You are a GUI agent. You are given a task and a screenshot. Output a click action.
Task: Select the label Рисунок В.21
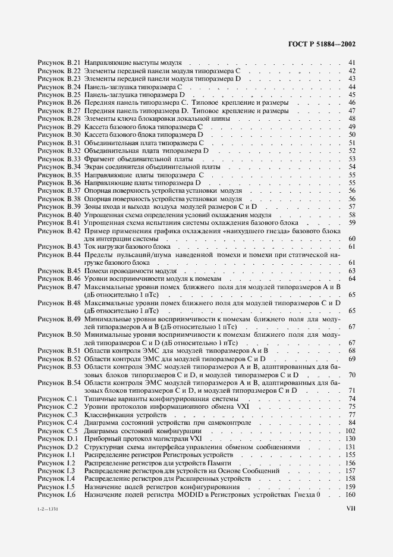[59, 62]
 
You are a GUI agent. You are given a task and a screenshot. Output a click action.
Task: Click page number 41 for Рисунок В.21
[352, 62]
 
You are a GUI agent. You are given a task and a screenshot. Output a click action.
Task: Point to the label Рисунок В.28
[59, 118]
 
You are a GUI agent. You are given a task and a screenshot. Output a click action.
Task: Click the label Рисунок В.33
[59, 159]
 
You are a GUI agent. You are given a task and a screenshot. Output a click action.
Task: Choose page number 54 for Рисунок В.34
[352, 167]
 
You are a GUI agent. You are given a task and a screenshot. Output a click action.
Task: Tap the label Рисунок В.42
[59, 231]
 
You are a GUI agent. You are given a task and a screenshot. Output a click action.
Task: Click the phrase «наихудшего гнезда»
[253, 231]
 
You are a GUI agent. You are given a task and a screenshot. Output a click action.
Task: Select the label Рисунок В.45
[59, 271]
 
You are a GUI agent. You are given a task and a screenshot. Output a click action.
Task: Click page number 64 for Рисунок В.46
[352, 278]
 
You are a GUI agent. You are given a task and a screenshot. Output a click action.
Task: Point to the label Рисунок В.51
[59, 351]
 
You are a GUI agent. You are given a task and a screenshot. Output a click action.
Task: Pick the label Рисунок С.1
[58, 399]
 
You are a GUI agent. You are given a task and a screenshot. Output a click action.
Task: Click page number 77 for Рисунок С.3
[352, 415]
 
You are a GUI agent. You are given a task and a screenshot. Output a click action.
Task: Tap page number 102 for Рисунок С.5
[350, 431]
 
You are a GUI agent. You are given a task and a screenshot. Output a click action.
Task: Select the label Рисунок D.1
[58, 439]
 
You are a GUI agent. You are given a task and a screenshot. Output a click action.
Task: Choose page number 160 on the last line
[350, 495]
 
